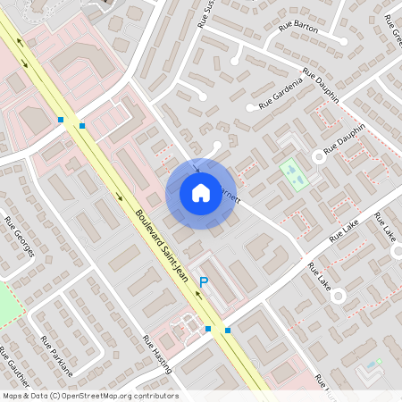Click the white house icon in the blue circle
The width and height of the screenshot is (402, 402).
[201, 193]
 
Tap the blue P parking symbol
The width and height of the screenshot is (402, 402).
[204, 282]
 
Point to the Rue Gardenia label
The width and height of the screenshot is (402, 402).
[281, 93]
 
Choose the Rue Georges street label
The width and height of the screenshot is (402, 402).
[19, 236]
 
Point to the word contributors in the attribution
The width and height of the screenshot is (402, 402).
[155, 396]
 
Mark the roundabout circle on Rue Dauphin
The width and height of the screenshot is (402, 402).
[317, 156]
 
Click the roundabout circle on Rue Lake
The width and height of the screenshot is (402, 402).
[338, 295]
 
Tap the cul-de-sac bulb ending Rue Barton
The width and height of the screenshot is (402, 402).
[343, 40]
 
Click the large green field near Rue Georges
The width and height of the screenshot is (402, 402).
[7, 304]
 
